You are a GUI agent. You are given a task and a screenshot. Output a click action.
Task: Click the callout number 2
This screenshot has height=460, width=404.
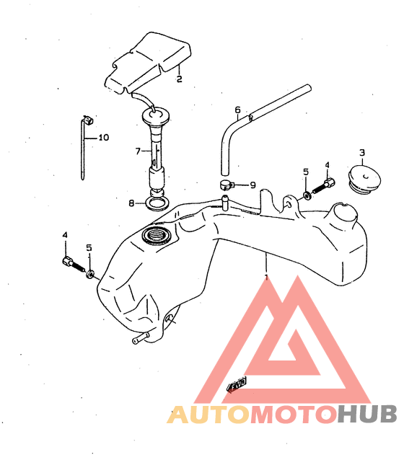[x=179, y=79]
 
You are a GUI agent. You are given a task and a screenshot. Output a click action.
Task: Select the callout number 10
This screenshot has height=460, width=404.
[x=104, y=137]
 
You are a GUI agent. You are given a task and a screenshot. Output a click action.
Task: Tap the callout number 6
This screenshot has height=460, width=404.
[x=237, y=110]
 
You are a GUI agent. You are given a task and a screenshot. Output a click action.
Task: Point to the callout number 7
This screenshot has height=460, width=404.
[x=138, y=151]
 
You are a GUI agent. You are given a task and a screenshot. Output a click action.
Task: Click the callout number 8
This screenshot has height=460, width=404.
[x=131, y=203]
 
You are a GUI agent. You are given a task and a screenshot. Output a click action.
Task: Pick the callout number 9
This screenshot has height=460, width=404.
[x=252, y=185]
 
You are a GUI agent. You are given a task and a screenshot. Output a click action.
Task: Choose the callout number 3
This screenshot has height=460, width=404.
[x=362, y=153]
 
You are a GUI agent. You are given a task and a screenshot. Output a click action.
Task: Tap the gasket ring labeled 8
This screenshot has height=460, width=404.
[x=157, y=204]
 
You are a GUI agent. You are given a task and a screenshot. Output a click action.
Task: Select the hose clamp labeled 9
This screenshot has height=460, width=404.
[x=226, y=185]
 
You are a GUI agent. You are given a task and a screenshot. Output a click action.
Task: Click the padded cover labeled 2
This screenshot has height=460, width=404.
[x=149, y=63]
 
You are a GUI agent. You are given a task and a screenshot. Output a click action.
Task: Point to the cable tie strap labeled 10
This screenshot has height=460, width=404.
[x=84, y=146]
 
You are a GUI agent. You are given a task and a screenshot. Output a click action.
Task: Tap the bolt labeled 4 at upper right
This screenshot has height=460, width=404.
[x=323, y=187]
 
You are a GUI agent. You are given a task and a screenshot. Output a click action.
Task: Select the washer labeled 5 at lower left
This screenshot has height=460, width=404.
[x=90, y=274]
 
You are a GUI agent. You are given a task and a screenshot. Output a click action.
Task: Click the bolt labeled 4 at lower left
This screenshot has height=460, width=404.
[x=74, y=264]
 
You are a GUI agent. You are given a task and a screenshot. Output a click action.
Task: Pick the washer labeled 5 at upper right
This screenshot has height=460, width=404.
[x=307, y=195]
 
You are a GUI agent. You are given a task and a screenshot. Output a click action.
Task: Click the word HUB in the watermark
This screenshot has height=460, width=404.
[x=367, y=415]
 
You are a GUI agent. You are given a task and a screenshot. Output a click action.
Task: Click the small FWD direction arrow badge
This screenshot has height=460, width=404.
[x=237, y=384]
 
